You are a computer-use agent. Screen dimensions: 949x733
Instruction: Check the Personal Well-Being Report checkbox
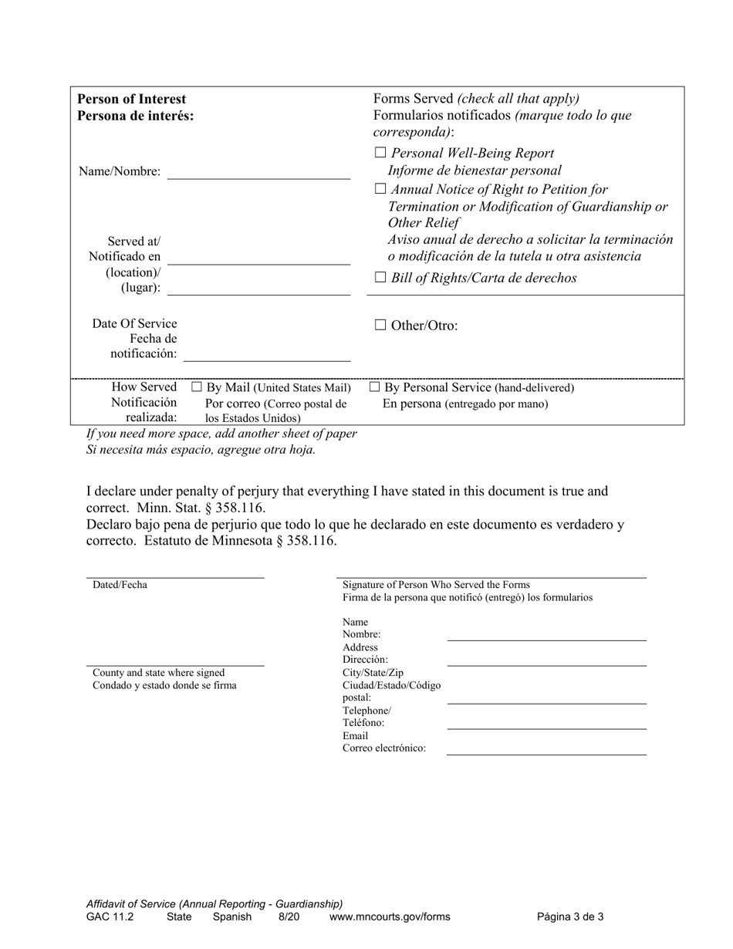pos(380,154)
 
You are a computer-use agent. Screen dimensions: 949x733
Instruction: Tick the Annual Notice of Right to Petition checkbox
pos(380,190)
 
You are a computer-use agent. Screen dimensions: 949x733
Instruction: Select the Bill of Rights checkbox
pos(380,279)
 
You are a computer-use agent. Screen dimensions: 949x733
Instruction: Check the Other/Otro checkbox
pos(380,326)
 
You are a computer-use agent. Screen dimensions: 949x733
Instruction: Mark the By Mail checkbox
pos(196,387)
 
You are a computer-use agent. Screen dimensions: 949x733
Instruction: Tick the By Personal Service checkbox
pos(375,387)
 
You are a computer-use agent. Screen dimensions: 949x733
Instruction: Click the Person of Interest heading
pos(132,100)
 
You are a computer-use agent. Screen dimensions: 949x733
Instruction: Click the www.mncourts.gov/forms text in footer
pos(390,917)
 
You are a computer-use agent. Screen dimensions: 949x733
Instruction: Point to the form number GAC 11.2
pos(110,917)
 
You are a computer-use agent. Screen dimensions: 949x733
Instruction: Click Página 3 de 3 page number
pos(570,917)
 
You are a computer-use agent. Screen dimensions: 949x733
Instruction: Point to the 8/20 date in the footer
pos(289,917)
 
